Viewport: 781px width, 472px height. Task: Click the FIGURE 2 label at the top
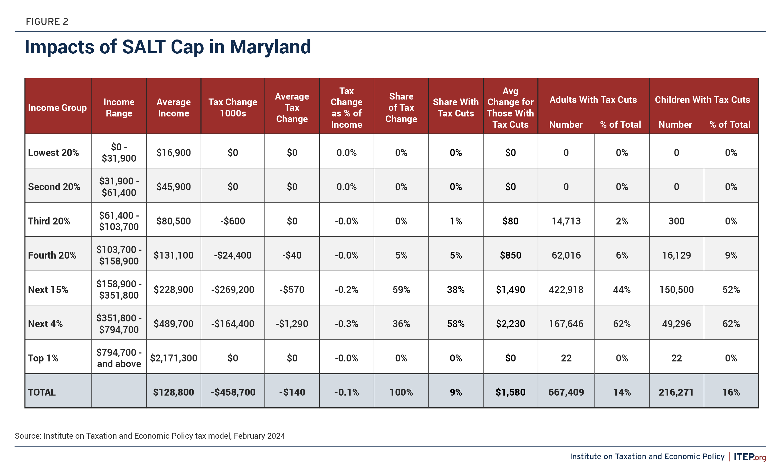47,22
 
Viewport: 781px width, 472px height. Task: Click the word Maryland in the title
270,47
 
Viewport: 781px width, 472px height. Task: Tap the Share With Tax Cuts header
455,107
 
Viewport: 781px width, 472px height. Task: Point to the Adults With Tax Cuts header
593,100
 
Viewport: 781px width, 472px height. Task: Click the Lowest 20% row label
53,152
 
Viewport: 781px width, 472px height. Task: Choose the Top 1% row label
43,358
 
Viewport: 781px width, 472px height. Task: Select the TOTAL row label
42,392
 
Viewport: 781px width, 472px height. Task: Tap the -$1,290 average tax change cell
292,323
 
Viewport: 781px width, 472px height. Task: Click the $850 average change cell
510,255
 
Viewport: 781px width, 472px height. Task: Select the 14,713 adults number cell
566,221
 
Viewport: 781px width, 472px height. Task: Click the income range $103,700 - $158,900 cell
119,255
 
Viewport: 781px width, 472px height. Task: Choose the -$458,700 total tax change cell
232,392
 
